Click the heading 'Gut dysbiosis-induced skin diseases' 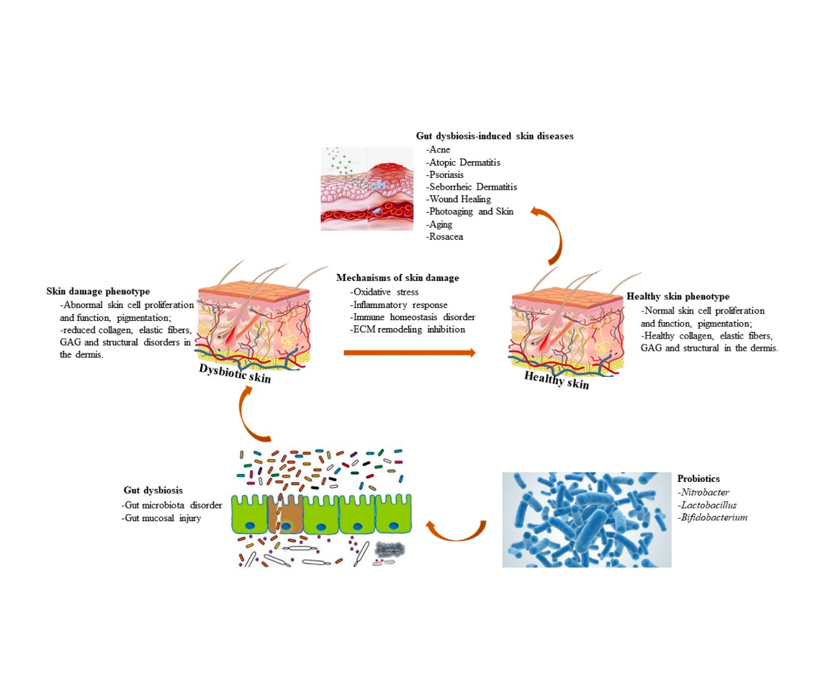coord(495,136)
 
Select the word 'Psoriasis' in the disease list coord(446,175)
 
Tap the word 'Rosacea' coord(446,237)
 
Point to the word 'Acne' coord(439,149)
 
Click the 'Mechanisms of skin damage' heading coord(397,278)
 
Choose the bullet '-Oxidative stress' coord(384,292)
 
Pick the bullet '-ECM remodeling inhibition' coord(408,329)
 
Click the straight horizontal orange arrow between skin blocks coord(409,353)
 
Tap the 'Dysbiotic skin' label coord(235,373)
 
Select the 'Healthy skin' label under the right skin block coord(556,380)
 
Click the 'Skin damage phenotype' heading coord(98,292)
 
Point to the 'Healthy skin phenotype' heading coord(678,297)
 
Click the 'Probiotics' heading coord(698,479)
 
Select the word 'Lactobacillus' coord(708,505)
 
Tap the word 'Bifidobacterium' coord(714,518)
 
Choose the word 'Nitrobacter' coord(705,492)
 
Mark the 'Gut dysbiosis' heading coord(153,490)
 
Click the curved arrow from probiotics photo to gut coord(456,531)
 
